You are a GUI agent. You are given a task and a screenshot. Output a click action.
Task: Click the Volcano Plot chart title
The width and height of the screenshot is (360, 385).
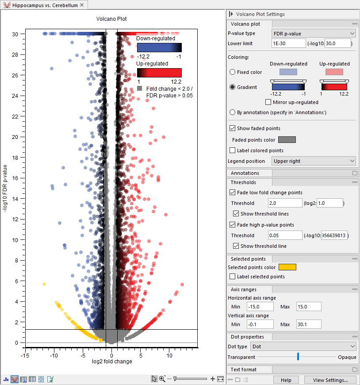(x=111, y=19)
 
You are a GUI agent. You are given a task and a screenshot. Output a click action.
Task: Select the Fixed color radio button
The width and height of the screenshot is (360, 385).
(x=233, y=72)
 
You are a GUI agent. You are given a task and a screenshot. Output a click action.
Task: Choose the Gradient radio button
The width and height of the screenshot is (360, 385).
(x=233, y=87)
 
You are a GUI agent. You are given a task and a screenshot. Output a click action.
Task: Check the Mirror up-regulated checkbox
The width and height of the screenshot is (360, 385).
(x=275, y=102)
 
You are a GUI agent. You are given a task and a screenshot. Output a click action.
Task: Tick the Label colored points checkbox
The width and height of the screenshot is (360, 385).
(x=233, y=150)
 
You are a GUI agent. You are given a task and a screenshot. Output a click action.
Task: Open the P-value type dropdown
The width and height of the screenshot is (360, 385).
(x=313, y=33)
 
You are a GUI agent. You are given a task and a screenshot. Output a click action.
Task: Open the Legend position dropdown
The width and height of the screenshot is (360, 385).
(x=313, y=161)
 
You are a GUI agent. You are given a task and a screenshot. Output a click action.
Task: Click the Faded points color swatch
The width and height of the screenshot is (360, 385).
(x=287, y=140)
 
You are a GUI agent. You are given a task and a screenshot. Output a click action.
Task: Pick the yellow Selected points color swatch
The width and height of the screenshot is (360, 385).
(x=287, y=267)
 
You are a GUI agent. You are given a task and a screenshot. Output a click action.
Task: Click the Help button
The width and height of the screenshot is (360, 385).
(x=286, y=380)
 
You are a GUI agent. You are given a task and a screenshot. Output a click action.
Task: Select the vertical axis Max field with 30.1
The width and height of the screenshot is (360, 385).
(x=309, y=324)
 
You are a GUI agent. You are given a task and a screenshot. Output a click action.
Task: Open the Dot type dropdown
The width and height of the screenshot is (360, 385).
(x=303, y=346)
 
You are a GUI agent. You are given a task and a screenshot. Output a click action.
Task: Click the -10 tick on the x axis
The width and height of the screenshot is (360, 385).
(x=54, y=355)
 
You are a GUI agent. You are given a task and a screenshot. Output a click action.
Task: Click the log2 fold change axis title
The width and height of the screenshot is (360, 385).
(x=111, y=362)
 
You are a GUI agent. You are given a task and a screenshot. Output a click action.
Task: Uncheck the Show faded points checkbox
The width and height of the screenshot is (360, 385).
(x=233, y=128)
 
